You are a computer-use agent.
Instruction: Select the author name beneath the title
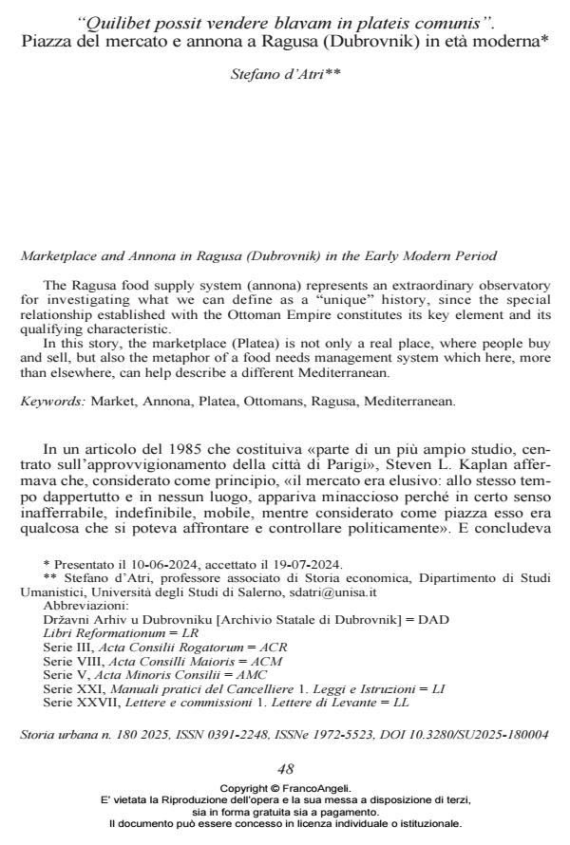[x=285, y=73]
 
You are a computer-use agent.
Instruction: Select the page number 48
[x=285, y=769]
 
